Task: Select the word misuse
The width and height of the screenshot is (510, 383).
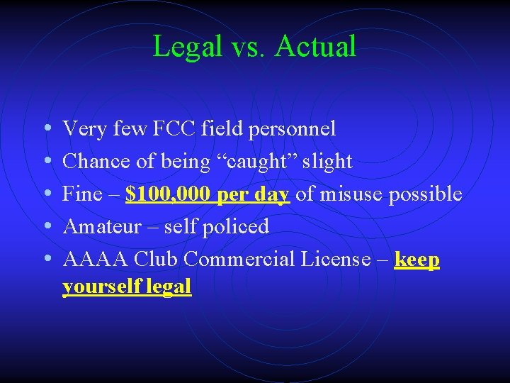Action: click(344, 194)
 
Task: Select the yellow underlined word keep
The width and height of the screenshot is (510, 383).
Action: click(417, 260)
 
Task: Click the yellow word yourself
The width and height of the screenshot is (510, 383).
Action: click(100, 286)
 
